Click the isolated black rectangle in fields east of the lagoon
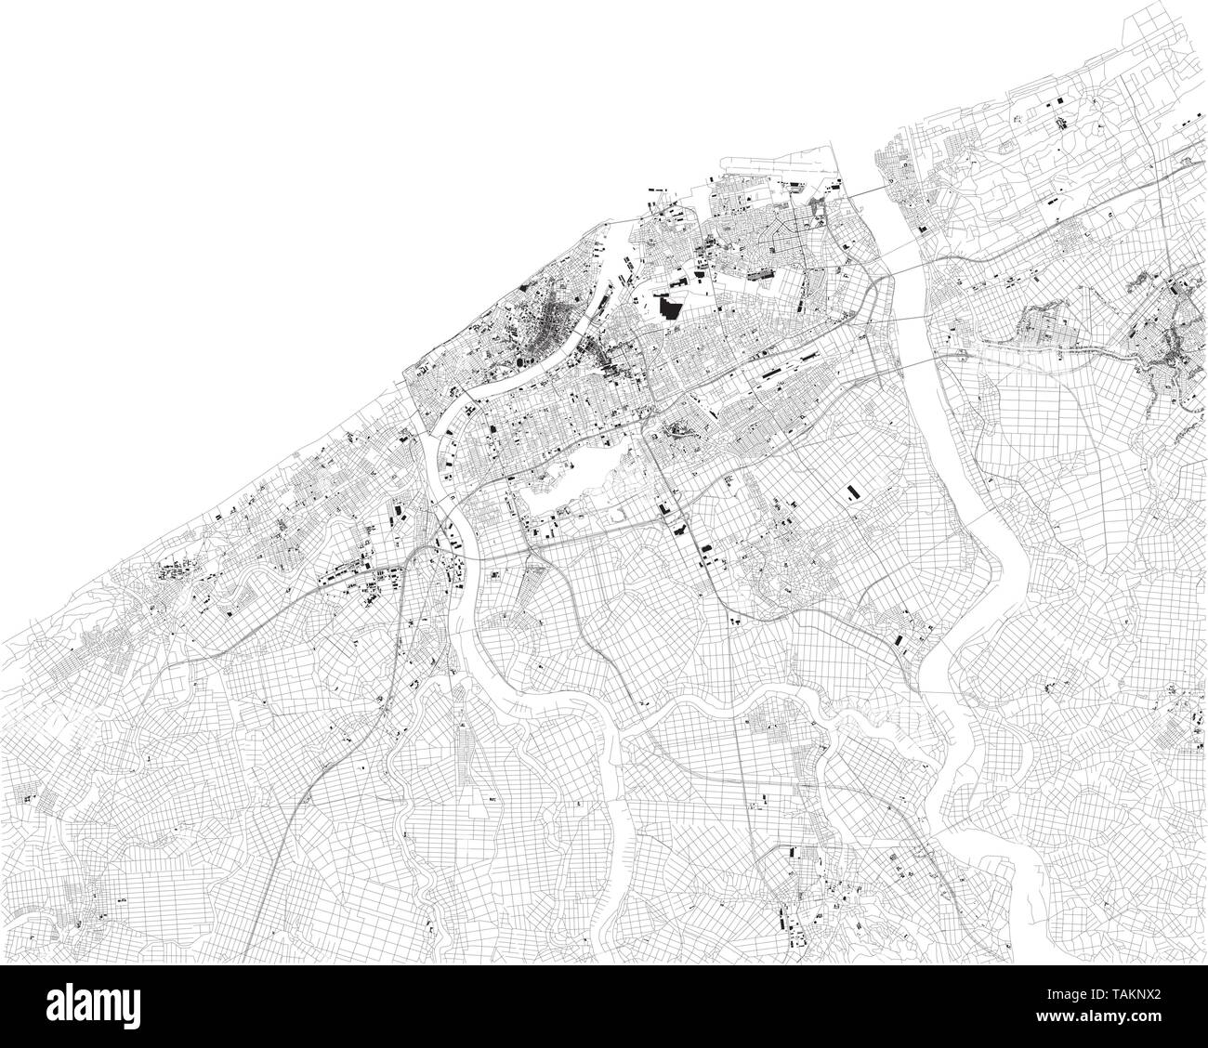pos(850,493)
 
